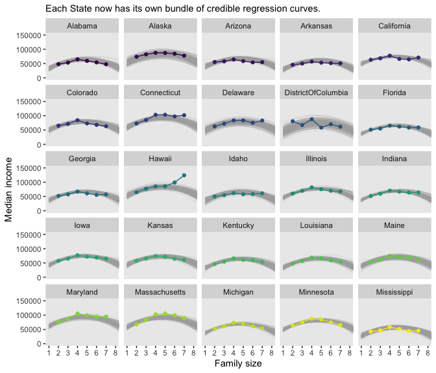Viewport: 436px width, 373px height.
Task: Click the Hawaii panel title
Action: tap(160, 159)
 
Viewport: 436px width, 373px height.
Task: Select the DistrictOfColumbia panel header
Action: tap(315, 93)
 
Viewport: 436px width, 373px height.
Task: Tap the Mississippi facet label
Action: tap(394, 292)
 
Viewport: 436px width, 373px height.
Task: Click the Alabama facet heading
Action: tap(82, 26)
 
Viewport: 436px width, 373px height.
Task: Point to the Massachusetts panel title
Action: tap(160, 292)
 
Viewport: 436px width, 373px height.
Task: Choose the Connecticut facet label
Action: tap(160, 93)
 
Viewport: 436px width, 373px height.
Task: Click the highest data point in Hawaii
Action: tap(184, 175)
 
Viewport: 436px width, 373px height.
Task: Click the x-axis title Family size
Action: tap(238, 364)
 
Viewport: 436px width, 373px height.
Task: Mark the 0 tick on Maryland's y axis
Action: tap(40, 344)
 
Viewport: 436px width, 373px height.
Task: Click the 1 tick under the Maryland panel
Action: tap(49, 353)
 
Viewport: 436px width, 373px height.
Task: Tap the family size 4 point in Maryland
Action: tap(77, 313)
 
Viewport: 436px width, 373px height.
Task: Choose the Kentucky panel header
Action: tap(237, 225)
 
